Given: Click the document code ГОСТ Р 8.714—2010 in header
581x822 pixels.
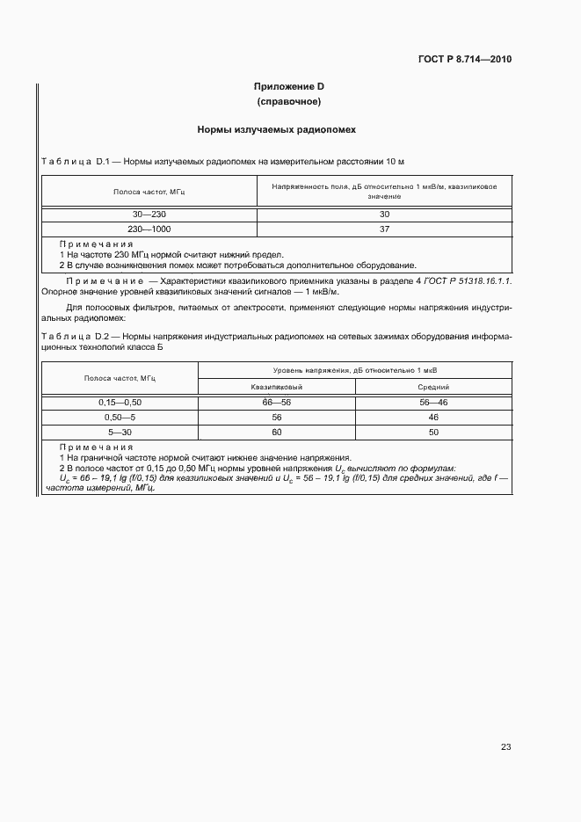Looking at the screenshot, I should tap(463, 60).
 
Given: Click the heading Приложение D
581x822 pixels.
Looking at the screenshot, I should tap(289, 87).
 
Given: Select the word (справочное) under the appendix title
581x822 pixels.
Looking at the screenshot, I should tap(289, 102).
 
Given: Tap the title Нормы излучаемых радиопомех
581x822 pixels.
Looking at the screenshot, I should tap(289, 129).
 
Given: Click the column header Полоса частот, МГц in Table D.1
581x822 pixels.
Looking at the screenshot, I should tap(149, 191).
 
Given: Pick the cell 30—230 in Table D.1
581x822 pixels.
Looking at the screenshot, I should tap(149, 215).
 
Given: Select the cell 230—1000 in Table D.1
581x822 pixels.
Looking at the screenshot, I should tap(149, 229).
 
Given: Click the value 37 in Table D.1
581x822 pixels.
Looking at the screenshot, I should tap(384, 229).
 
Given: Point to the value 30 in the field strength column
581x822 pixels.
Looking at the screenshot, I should tap(384, 215).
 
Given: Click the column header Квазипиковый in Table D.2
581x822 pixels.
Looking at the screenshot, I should tap(277, 386).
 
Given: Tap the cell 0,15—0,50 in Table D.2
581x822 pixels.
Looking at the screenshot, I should tap(120, 402).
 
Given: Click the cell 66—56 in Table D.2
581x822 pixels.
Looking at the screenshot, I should tap(277, 402).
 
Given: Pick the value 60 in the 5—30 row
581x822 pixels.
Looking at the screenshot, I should tap(277, 433).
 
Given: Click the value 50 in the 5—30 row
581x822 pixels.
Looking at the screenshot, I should tap(433, 433).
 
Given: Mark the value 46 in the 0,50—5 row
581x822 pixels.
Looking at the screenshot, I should tap(433, 418).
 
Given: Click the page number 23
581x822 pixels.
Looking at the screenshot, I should tap(505, 746).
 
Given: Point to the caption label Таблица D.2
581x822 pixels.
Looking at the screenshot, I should tap(74, 337).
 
